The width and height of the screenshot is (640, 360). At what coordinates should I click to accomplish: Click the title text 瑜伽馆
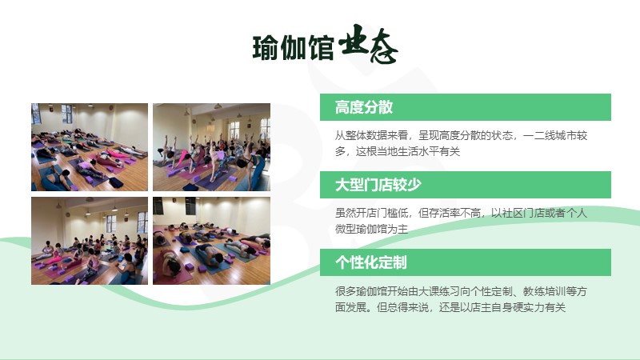293,48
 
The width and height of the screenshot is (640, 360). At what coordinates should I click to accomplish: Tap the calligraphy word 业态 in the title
368,44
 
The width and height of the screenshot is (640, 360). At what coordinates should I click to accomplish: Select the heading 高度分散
364,107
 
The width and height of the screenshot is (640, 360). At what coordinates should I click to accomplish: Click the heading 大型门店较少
378,185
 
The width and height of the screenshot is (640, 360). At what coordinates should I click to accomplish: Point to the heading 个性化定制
370,262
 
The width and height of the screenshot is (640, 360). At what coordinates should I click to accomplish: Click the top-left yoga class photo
90,147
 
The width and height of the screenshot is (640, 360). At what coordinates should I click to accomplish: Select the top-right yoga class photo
211,147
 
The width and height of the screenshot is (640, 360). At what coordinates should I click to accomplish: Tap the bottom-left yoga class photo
90,241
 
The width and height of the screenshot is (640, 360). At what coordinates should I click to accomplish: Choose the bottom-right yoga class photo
211,241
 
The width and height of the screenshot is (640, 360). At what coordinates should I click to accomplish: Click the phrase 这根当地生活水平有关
408,151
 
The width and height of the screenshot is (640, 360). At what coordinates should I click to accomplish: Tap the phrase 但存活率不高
450,213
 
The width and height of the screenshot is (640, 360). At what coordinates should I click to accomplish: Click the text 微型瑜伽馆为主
371,229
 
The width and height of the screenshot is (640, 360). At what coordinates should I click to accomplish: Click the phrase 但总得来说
402,307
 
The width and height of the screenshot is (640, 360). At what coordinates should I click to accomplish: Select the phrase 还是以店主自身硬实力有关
502,307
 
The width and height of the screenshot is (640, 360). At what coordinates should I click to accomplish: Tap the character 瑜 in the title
266,48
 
